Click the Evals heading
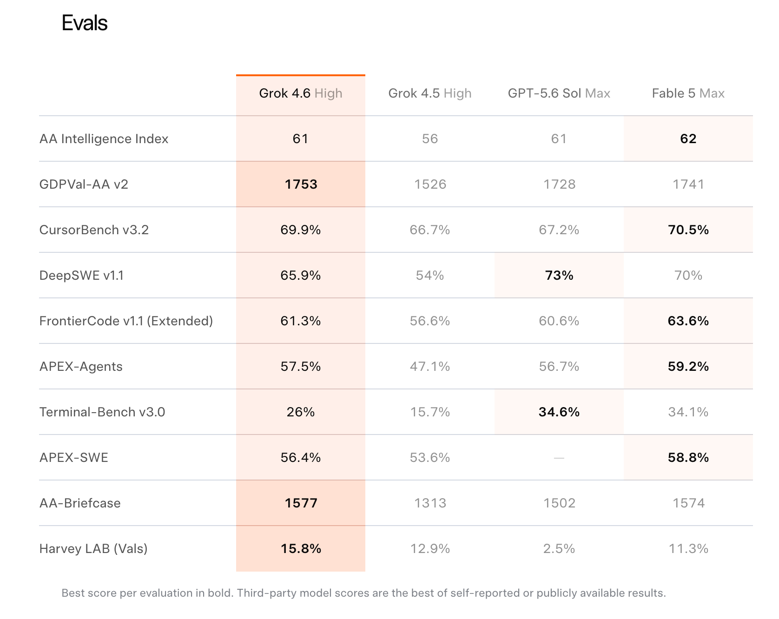(x=85, y=23)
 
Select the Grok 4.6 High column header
(x=301, y=93)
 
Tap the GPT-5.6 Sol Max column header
(x=559, y=93)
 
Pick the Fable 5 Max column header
(x=688, y=93)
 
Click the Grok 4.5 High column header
(x=430, y=93)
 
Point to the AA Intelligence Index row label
(x=104, y=139)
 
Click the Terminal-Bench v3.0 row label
(x=102, y=412)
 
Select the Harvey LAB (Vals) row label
(x=93, y=549)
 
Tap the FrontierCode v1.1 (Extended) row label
(x=126, y=321)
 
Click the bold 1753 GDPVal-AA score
(x=301, y=184)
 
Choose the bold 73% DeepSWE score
(x=559, y=276)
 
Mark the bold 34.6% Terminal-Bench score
(x=559, y=412)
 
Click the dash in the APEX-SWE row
(x=559, y=458)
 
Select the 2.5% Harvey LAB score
(x=559, y=549)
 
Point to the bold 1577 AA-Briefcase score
(x=301, y=503)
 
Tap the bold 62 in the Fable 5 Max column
(x=688, y=139)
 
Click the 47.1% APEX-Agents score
(x=430, y=367)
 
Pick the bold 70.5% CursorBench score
(x=688, y=230)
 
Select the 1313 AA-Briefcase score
(x=430, y=503)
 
